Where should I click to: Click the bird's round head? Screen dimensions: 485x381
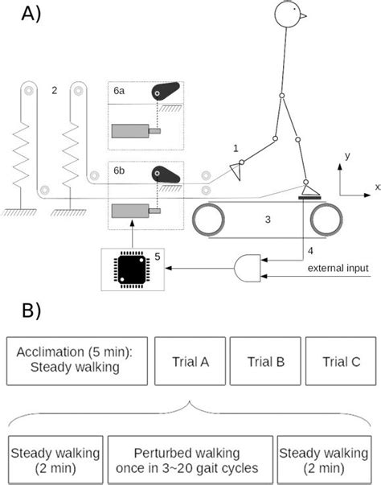tap(288, 13)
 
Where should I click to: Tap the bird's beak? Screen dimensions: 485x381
tap(304, 14)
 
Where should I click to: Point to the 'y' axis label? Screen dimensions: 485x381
tap(346, 155)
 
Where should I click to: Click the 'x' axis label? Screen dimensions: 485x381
tap(375, 187)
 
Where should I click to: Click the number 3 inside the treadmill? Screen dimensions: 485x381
tap(267, 218)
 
